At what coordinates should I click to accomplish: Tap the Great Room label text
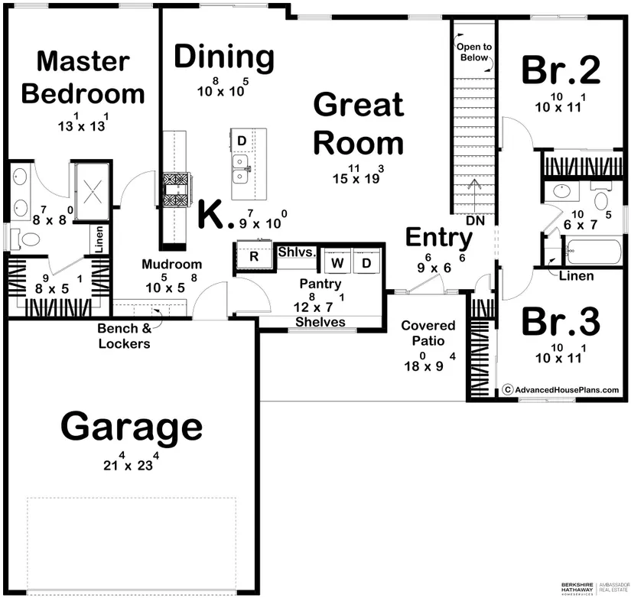click(x=359, y=124)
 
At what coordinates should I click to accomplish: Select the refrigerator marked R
click(x=254, y=255)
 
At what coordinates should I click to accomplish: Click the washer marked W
click(x=337, y=263)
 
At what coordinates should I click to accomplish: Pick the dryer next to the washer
click(x=366, y=263)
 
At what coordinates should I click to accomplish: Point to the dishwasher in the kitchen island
click(x=242, y=141)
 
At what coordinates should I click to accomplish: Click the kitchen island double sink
click(x=241, y=169)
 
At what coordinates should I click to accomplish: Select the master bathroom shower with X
click(x=92, y=191)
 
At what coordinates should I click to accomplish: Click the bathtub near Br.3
click(x=594, y=252)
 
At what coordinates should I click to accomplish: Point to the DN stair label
click(x=475, y=220)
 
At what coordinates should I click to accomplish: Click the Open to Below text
click(x=474, y=52)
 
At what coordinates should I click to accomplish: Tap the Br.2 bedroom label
click(x=561, y=70)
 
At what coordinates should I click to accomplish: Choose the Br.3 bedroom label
click(x=561, y=322)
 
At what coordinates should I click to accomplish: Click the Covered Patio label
click(x=428, y=333)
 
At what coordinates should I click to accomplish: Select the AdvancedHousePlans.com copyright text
click(x=561, y=389)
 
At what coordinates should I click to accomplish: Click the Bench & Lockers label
click(x=125, y=336)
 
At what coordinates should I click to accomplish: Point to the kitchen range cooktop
click(x=176, y=190)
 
